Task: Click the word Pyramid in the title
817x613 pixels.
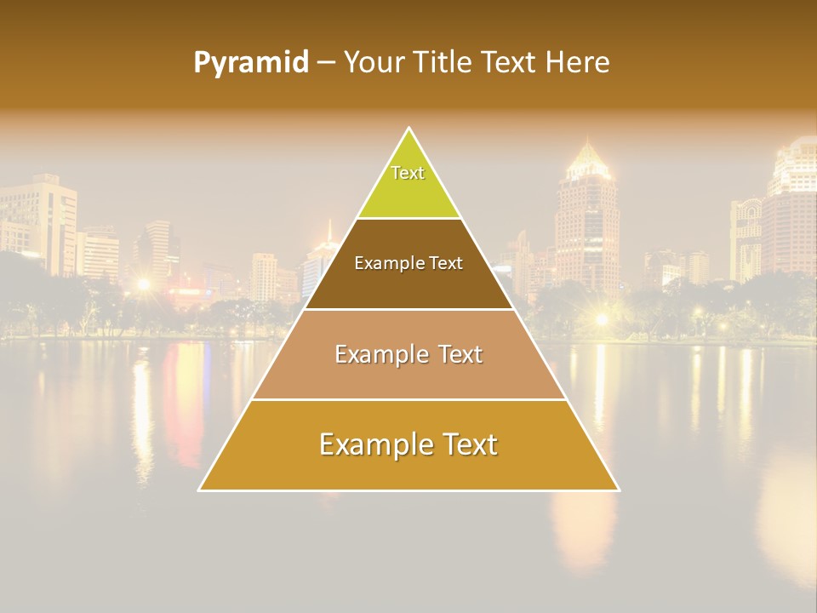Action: (250, 63)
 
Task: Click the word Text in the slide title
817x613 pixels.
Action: (509, 62)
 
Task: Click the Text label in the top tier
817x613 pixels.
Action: (408, 173)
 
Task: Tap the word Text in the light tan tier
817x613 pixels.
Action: (460, 354)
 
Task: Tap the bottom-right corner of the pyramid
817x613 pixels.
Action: (618, 490)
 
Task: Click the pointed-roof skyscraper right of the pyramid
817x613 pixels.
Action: (586, 213)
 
